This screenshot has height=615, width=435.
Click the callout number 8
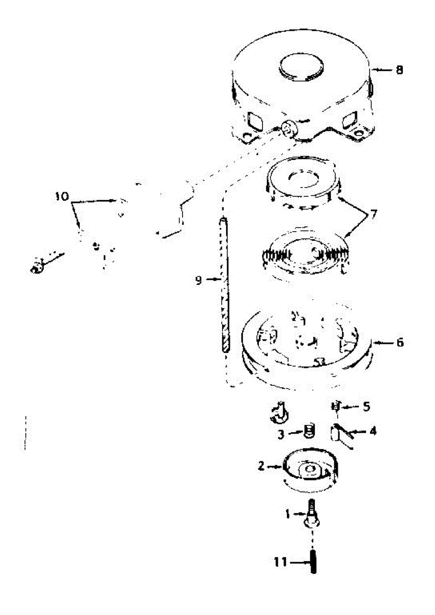point(399,70)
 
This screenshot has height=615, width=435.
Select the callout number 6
point(399,342)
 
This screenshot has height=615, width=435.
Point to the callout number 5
point(366,406)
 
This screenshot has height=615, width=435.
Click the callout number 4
point(373,432)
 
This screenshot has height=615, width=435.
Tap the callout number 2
point(261,466)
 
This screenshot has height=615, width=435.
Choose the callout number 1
point(288,512)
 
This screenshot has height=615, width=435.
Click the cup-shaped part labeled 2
point(310,469)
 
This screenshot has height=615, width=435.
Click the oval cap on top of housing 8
point(300,68)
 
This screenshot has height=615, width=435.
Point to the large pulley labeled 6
point(304,348)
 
